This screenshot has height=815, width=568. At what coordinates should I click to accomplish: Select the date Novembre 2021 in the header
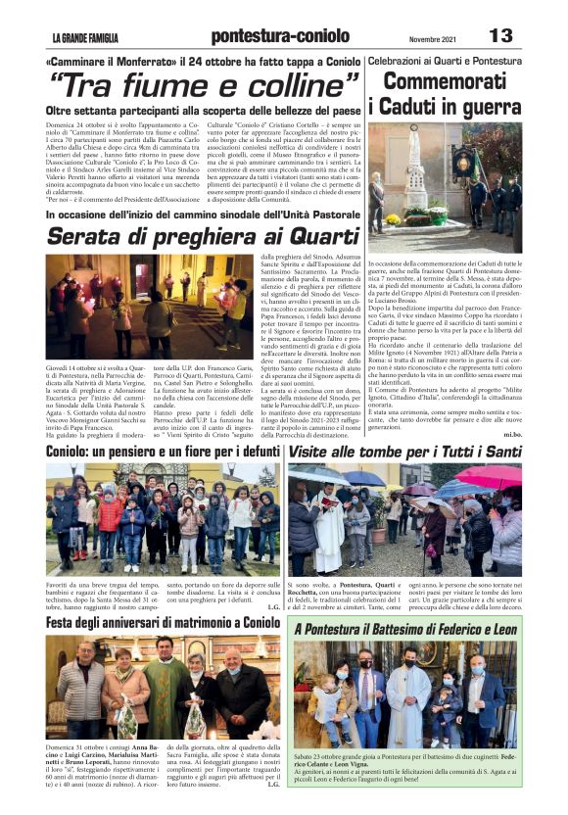pyautogui.click(x=433, y=38)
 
